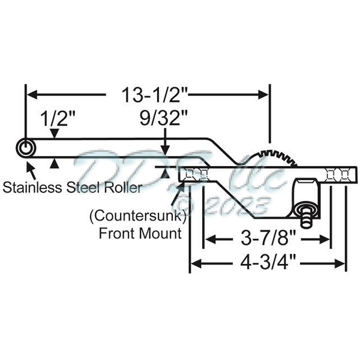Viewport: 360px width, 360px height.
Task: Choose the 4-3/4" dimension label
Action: (268, 263)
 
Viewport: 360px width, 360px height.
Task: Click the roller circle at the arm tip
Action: (25, 148)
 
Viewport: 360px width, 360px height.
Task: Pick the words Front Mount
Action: (139, 232)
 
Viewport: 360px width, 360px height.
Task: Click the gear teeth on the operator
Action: (282, 155)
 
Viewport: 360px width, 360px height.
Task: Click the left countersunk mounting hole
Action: (196, 175)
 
